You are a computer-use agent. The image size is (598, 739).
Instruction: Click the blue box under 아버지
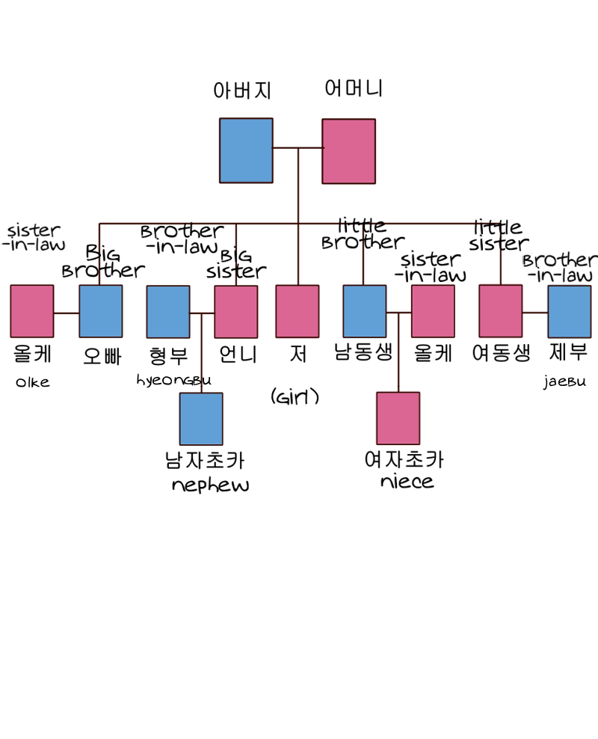tap(246, 150)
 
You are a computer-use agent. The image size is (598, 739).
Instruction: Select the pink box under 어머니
tap(348, 151)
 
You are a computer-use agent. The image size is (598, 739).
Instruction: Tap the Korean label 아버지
tap(242, 91)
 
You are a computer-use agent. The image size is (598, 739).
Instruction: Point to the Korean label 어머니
tap(354, 89)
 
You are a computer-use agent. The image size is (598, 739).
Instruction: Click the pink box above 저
tap(297, 311)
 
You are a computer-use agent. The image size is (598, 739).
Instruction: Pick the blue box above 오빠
tap(101, 311)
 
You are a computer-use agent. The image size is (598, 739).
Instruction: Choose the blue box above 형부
tap(168, 311)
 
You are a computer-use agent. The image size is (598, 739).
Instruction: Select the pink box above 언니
tap(236, 311)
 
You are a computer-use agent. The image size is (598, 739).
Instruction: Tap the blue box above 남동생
tap(365, 311)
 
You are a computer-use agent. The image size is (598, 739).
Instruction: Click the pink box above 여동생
tap(501, 311)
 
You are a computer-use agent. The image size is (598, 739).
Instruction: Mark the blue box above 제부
tap(569, 311)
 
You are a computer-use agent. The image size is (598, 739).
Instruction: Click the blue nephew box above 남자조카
tap(201, 419)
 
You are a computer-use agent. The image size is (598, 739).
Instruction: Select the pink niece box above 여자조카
tap(398, 418)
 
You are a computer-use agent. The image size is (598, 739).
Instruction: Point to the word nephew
tap(210, 485)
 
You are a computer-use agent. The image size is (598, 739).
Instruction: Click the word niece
tap(407, 481)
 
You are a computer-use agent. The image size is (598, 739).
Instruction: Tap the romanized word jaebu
tap(565, 382)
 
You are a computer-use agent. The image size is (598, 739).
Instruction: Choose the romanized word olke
tap(33, 382)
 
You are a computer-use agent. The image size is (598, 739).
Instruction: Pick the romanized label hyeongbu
tap(174, 380)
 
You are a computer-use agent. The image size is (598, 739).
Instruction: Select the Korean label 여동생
tap(502, 352)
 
